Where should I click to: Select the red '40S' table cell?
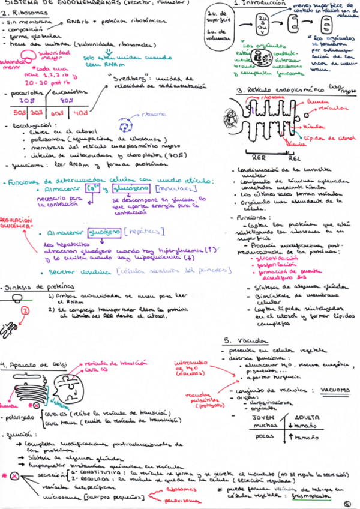pos(80,112)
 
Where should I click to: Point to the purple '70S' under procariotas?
pos(19,100)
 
